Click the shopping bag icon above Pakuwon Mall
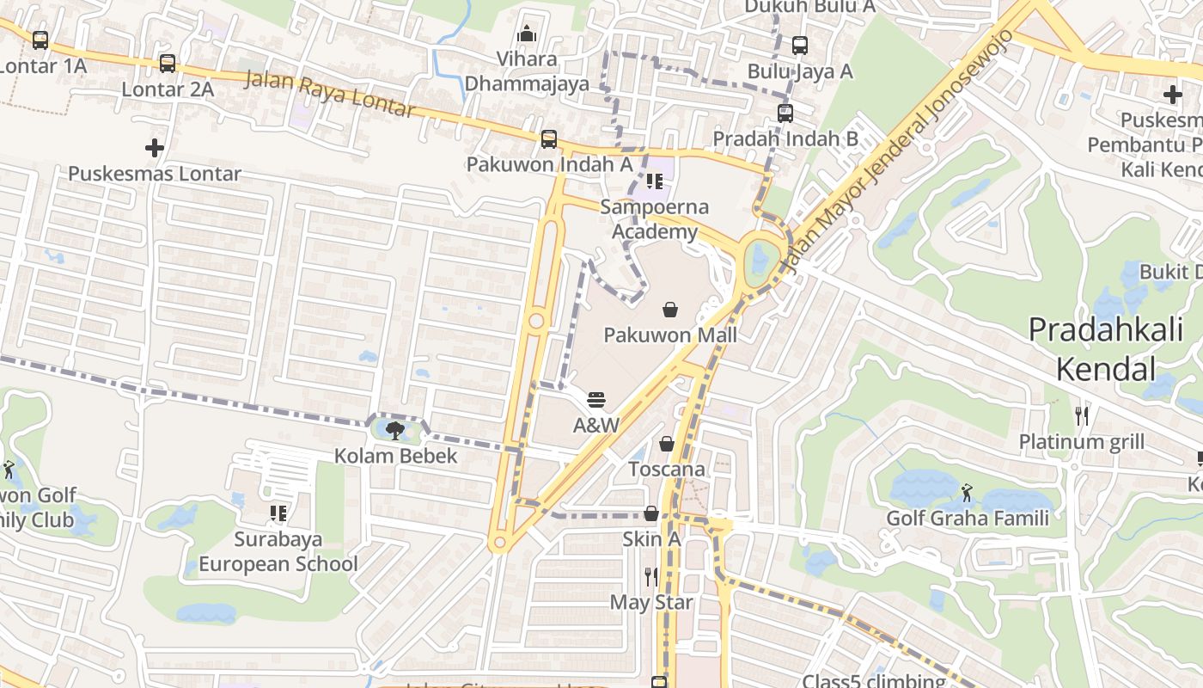coord(670,310)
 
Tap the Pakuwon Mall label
coord(670,335)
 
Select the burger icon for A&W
coord(596,400)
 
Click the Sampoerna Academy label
coord(655,219)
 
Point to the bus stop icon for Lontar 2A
coord(168,63)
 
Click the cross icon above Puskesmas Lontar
coord(155,148)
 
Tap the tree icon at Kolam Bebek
coord(395,430)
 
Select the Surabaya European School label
coord(278,552)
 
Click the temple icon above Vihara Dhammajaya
coord(527,34)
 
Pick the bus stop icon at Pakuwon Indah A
coord(549,138)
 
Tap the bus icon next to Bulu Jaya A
coord(800,45)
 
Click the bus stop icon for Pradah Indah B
coord(785,113)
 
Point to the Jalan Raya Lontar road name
coord(331,95)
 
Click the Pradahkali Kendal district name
coord(1105,349)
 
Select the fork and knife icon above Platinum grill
coord(1082,416)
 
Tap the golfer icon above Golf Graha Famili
coord(968,493)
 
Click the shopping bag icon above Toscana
coord(667,444)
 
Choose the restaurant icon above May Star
coord(651,576)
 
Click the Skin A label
coord(651,539)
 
